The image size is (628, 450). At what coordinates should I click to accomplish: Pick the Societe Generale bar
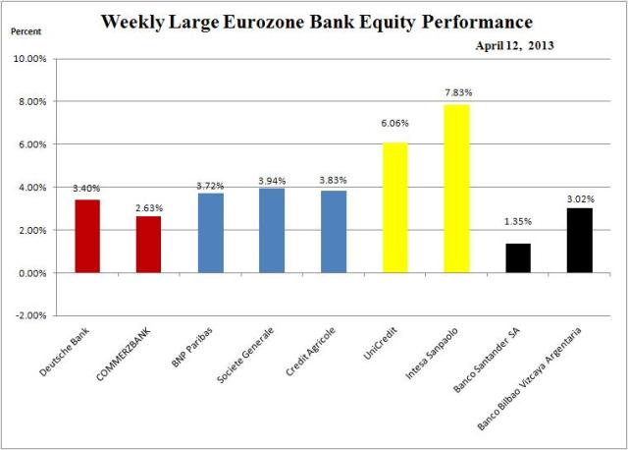point(271,230)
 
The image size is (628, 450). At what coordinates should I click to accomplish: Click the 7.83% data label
point(456,93)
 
